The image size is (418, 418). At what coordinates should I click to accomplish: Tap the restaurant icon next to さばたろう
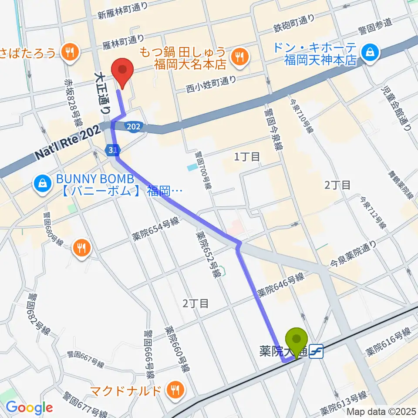click(x=68, y=53)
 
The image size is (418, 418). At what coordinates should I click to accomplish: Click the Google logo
click(x=29, y=408)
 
